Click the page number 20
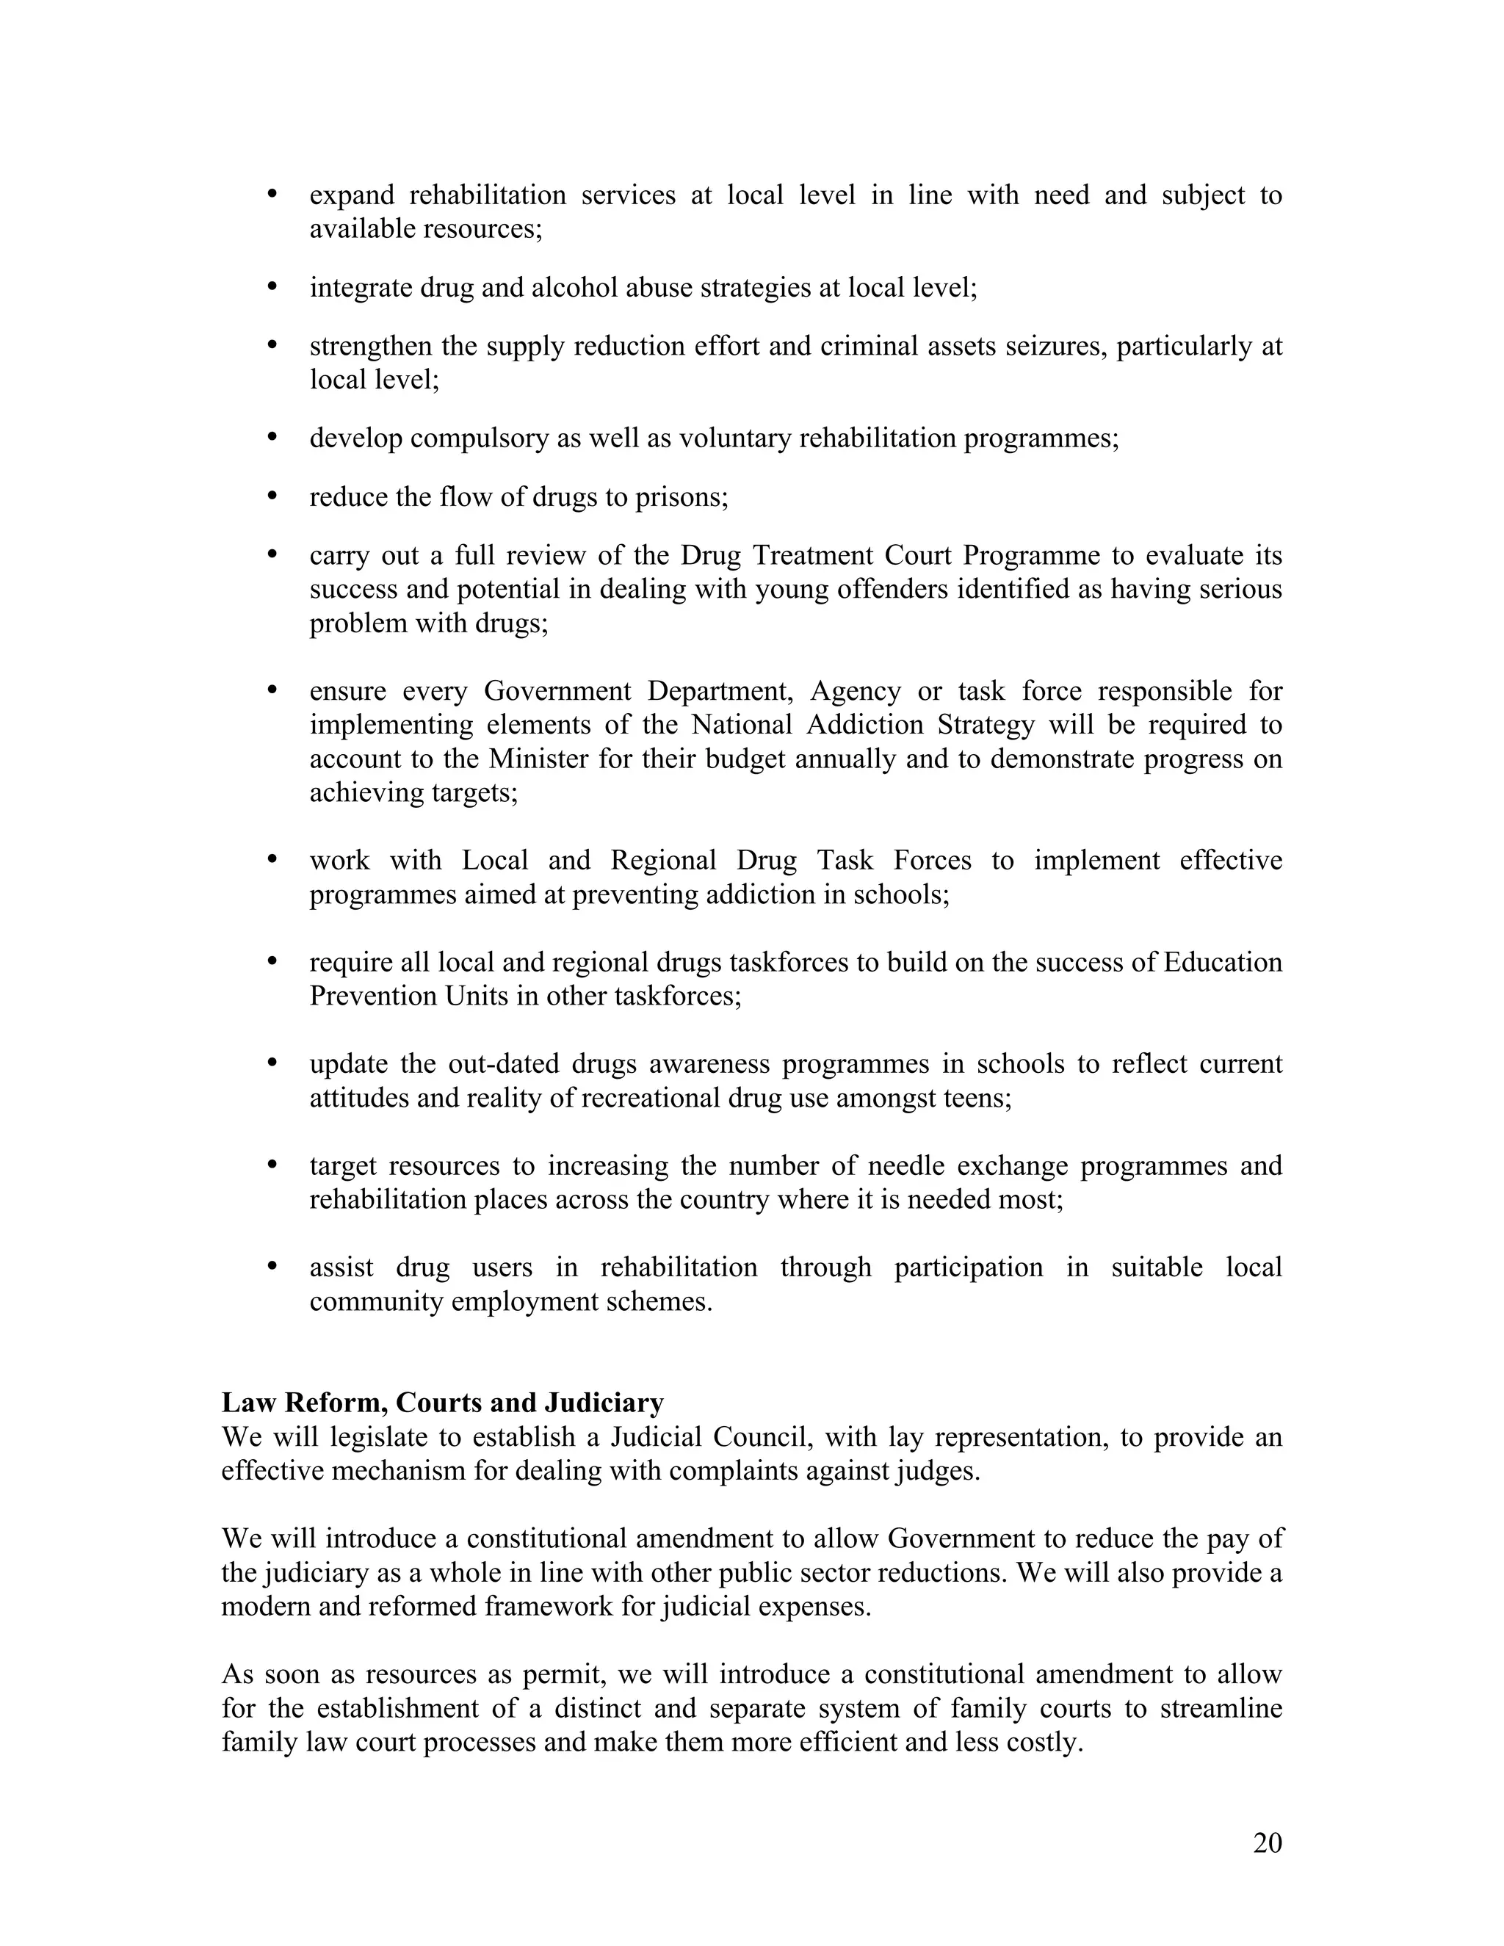(x=1267, y=1842)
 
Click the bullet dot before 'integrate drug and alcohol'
(x=272, y=287)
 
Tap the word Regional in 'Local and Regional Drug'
(x=664, y=861)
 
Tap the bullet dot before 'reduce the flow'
(x=272, y=496)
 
